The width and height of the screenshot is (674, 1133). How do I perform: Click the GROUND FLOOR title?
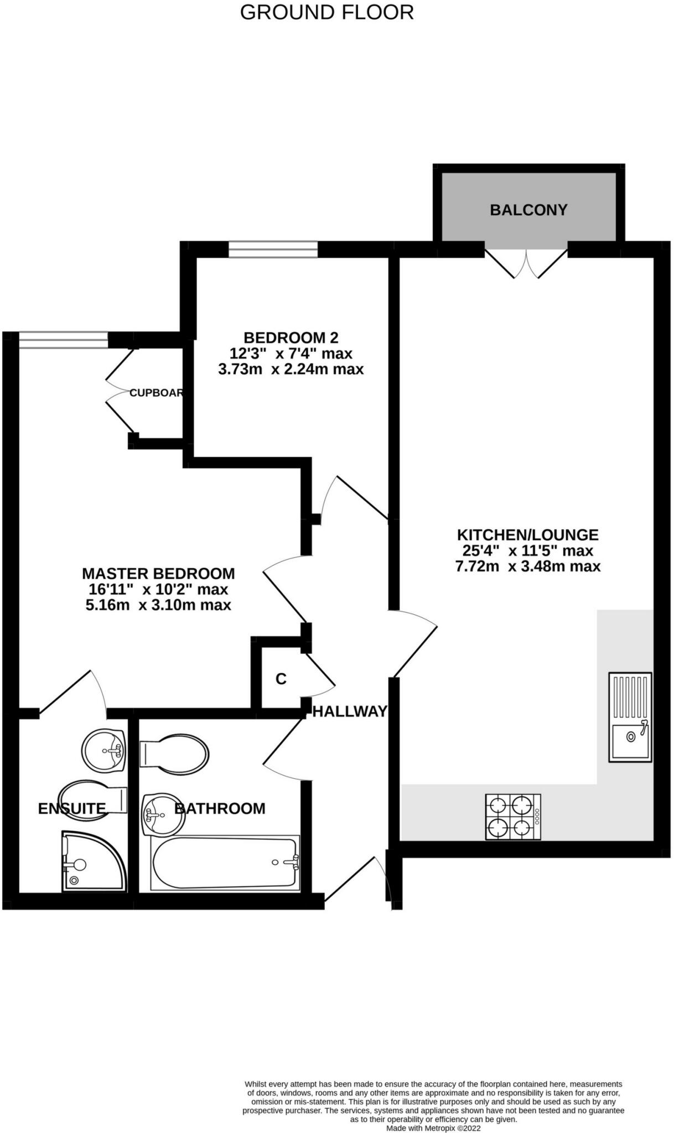[326, 12]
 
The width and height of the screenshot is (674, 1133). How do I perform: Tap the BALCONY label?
[528, 210]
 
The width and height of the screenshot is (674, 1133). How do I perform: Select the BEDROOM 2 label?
[291, 337]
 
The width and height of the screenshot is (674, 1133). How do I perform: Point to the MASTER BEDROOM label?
[158, 573]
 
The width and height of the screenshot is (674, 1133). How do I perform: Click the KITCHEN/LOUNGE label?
[527, 535]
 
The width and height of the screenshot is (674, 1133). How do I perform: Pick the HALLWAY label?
[350, 712]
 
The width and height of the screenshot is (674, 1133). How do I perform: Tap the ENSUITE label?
[71, 809]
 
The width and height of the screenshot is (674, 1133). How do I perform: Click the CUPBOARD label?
[156, 393]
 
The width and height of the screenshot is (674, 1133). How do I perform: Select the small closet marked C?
[281, 679]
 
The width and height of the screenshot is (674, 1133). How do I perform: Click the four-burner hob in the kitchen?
[513, 817]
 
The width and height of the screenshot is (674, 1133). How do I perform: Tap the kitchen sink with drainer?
[630, 717]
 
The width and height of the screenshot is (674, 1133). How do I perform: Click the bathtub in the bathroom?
[225, 862]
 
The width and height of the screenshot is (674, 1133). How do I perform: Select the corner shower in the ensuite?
[93, 861]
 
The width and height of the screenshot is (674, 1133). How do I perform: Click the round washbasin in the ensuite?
[104, 750]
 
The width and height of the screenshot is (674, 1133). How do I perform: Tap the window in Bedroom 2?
[273, 250]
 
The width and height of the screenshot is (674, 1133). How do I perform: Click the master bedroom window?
[63, 340]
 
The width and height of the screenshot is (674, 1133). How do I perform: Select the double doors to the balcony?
[526, 263]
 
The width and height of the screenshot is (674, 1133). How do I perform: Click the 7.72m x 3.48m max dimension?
[527, 566]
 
